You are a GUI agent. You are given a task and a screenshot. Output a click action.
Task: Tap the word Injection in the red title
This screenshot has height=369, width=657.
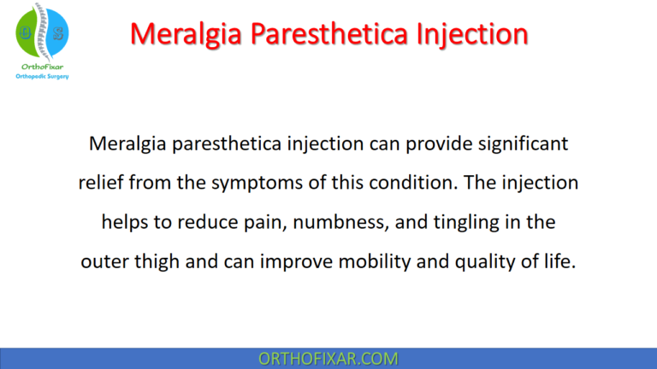point(467,33)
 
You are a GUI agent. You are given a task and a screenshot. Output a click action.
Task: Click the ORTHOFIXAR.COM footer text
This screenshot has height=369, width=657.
point(328,358)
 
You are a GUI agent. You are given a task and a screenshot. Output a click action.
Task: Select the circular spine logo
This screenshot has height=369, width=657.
point(42,31)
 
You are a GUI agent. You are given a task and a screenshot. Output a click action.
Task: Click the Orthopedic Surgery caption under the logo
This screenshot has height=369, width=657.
point(42,76)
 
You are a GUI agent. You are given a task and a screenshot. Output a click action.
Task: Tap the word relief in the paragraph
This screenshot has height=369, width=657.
point(101,183)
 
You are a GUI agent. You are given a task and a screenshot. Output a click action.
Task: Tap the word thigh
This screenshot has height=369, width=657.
point(158,261)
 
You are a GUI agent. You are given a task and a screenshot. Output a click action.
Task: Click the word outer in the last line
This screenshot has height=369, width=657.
point(104,261)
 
